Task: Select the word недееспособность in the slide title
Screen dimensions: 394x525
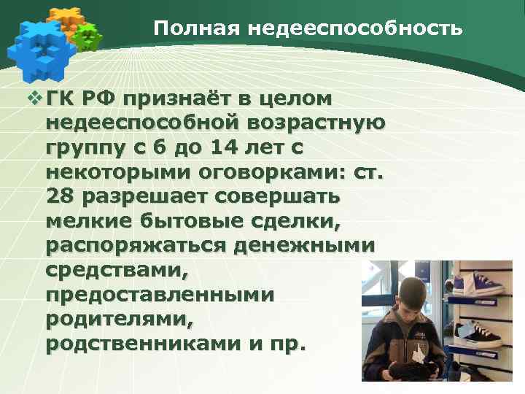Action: pyautogui.click(x=355, y=28)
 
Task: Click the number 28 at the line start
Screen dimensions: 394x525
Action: pyautogui.click(x=60, y=197)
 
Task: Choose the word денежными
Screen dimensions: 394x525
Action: pyautogui.click(x=304, y=246)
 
